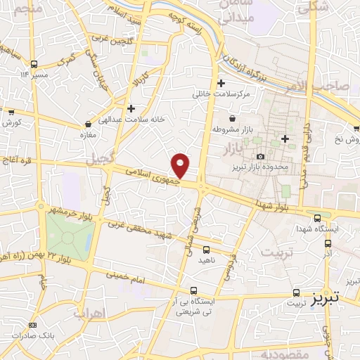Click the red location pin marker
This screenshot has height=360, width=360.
(x=181, y=165)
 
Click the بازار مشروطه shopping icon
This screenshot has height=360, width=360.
(x=233, y=118)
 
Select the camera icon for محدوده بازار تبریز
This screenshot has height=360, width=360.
(x=261, y=156)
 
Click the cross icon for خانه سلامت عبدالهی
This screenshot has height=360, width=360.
(x=131, y=108)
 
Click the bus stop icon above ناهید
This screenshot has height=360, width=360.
(x=206, y=249)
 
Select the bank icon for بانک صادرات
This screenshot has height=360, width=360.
(x=32, y=326)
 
